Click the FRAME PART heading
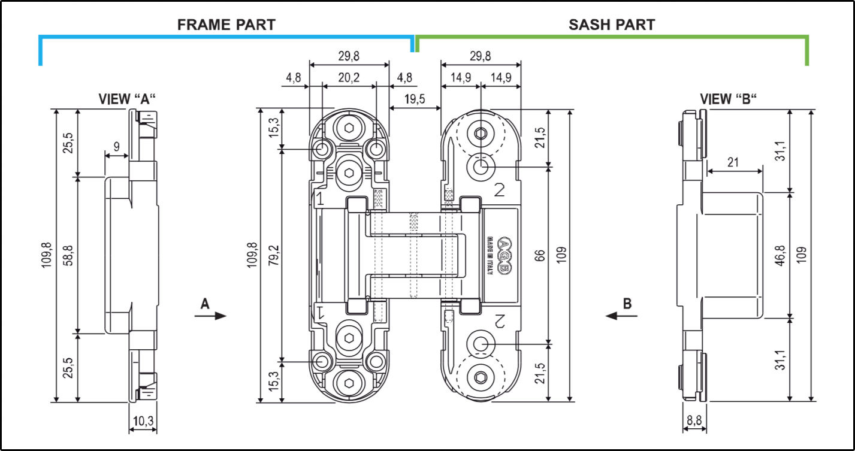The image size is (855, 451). [x=226, y=25]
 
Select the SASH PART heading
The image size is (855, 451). [x=611, y=25]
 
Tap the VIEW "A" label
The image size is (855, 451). [x=128, y=99]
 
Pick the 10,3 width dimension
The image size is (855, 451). [x=143, y=422]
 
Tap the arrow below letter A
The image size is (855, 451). [x=210, y=316]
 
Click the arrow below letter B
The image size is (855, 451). [x=619, y=316]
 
